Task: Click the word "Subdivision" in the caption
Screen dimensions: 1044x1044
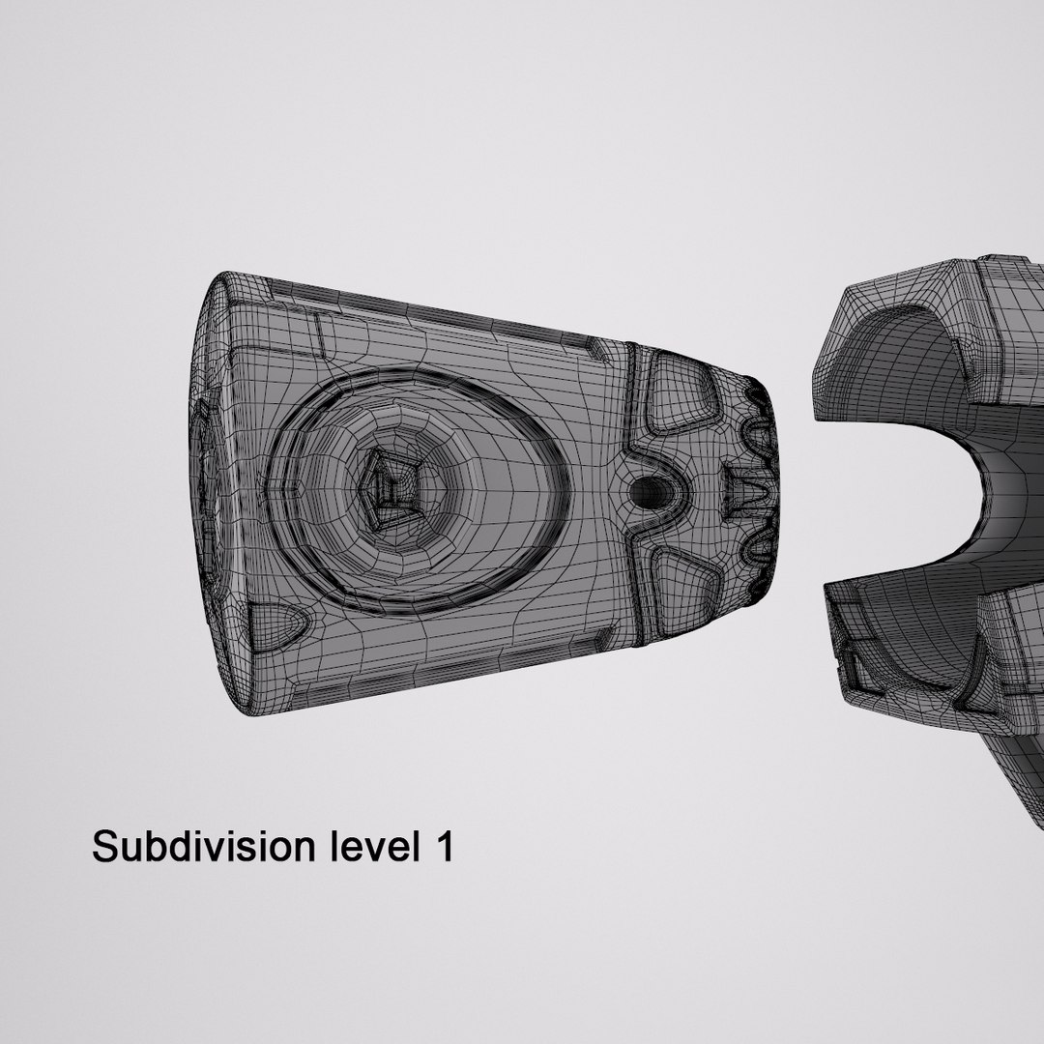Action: pos(203,847)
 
